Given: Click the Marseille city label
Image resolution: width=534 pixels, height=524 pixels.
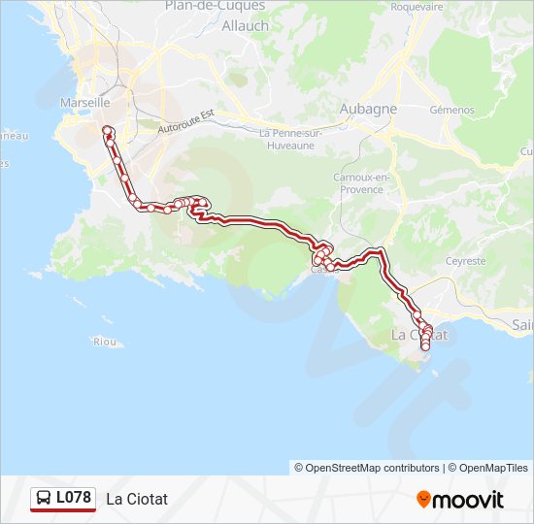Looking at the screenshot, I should pos(84,102).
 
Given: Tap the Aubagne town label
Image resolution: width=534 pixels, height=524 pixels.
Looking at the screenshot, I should pos(367,109).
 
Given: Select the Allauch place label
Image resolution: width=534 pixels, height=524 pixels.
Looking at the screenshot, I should pos(245,26).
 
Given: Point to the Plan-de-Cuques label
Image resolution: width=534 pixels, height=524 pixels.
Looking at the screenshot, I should pos(216,6).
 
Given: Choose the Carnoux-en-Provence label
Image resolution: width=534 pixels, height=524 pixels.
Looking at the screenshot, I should pos(361,183).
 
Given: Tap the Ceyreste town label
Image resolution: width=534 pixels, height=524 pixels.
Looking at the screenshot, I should pos(465,261).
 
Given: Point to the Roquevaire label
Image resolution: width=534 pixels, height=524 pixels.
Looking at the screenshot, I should pos(417,6).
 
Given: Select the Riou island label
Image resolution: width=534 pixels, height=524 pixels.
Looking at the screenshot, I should pos(104,342).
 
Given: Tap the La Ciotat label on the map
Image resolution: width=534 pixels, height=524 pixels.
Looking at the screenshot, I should pos(418,334).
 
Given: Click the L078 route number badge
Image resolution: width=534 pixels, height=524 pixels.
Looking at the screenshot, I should pos(73,498).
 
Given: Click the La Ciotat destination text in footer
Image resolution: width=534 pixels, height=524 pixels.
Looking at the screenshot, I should pos(137,499).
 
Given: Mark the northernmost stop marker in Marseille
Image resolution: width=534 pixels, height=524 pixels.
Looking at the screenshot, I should pos(108,130).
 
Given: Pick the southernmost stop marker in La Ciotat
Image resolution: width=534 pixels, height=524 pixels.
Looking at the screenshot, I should pos(425,346).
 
